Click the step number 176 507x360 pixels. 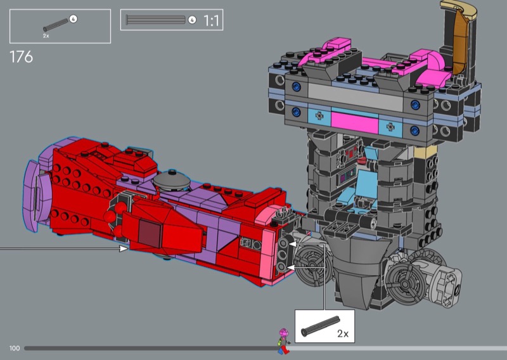pos(22,57)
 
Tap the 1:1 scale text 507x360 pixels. pos(211,21)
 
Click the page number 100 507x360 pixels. pos(15,348)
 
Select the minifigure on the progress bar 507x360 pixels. pos(283,341)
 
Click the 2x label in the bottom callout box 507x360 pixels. pos(343,333)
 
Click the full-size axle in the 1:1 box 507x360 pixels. pos(155,20)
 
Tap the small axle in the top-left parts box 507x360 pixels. pos(56,25)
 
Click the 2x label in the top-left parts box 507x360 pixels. pos(46,36)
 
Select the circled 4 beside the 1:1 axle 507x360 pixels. pos(192,20)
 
